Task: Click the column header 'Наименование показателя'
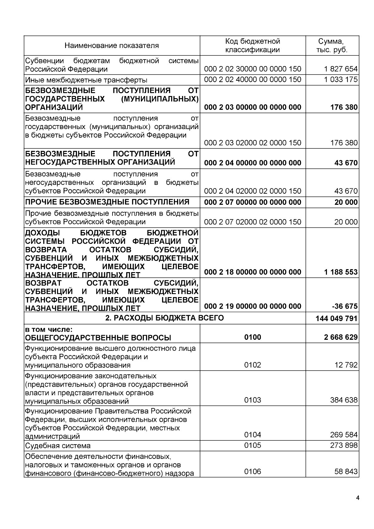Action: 112,46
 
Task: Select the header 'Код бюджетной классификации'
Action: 252,46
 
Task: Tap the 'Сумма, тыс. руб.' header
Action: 332,46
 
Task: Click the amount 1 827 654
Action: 341,69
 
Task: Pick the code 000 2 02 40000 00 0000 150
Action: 252,79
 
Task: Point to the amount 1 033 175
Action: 341,79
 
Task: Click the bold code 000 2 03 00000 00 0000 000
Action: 252,107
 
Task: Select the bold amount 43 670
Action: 346,163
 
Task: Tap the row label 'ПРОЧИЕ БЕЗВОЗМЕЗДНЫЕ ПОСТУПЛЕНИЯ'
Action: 107,202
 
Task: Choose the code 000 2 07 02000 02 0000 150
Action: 252,222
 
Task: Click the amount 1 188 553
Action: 341,272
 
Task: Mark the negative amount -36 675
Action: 345,306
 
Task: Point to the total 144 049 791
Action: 337,319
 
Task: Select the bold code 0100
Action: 252,337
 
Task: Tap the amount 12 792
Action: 346,365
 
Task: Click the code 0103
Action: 252,400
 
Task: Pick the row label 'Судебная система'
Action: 58,445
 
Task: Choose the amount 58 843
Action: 346,472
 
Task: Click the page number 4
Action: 357,498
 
